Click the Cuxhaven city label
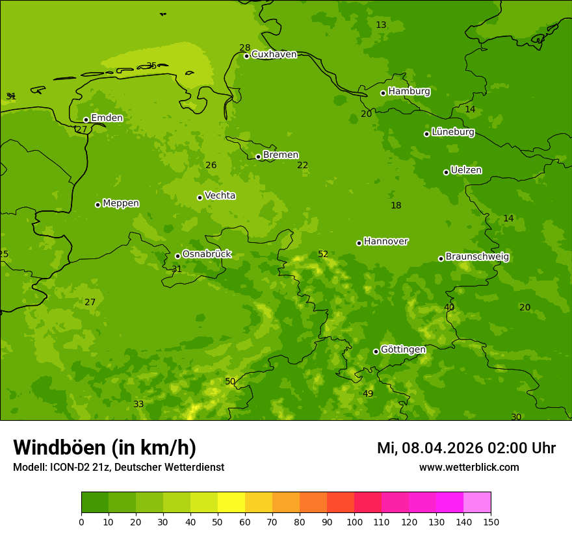click(274, 55)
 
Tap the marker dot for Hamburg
click(383, 93)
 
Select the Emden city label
click(107, 118)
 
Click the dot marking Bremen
click(258, 157)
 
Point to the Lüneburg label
click(453, 132)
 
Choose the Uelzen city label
click(466, 171)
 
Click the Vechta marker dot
click(200, 197)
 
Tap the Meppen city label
click(121, 204)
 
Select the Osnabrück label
click(207, 255)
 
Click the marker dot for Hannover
click(359, 243)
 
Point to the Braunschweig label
click(477, 257)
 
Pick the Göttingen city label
click(403, 350)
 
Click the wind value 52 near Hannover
click(323, 255)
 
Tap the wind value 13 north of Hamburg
click(381, 25)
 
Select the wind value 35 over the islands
click(151, 66)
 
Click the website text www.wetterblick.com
click(469, 468)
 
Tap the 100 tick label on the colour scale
click(354, 521)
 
